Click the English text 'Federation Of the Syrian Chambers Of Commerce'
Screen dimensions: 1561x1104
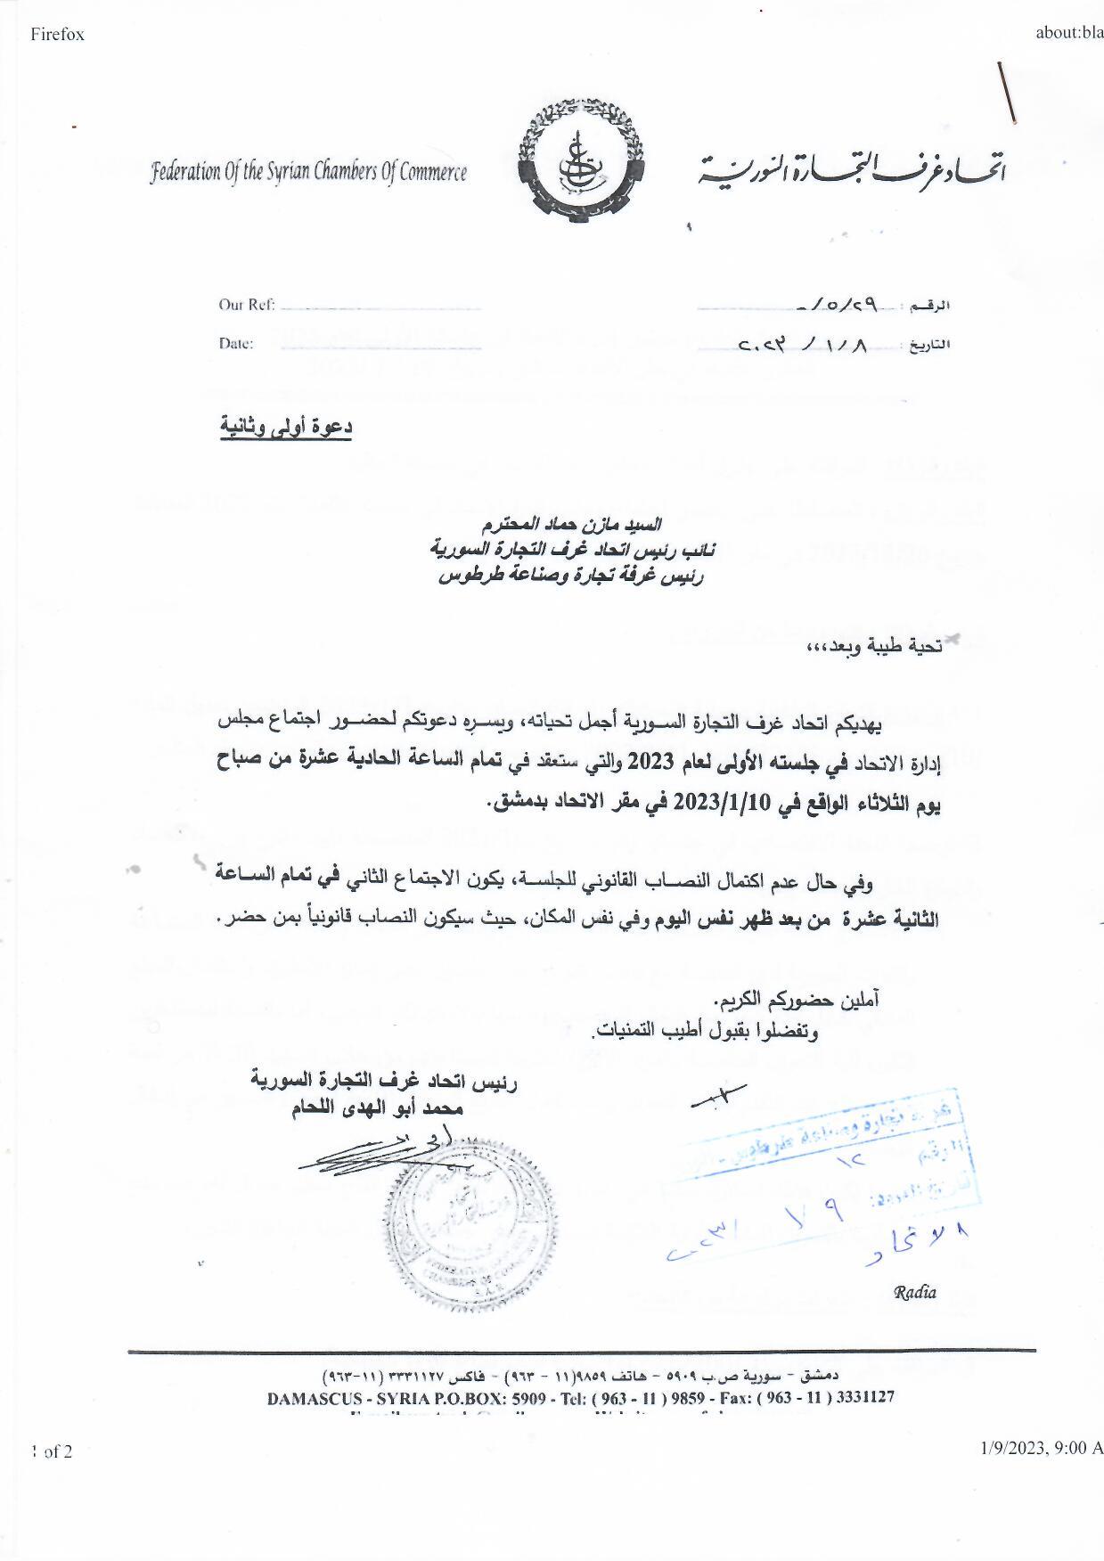click(308, 172)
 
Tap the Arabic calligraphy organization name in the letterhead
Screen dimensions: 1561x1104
click(852, 168)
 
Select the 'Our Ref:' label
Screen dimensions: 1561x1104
click(247, 305)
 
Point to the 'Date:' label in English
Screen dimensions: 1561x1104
click(236, 344)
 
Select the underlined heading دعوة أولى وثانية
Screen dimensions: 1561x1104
click(286, 427)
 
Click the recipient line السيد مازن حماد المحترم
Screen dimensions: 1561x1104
click(571, 523)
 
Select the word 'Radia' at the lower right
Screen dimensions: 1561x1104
click(915, 1293)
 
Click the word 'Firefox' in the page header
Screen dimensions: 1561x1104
click(57, 35)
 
